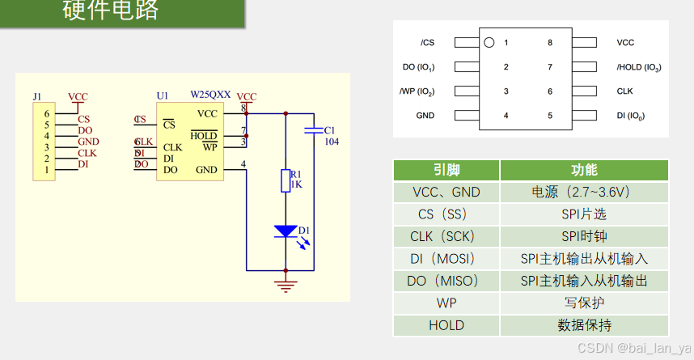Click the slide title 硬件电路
click(x=111, y=11)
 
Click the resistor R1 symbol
click(x=286, y=180)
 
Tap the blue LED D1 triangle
click(x=286, y=231)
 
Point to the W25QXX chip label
click(x=209, y=95)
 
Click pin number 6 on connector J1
click(x=47, y=114)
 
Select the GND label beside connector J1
click(x=88, y=142)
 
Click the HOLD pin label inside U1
click(x=204, y=135)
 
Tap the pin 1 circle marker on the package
click(x=488, y=42)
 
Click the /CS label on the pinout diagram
click(x=427, y=43)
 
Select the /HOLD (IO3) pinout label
click(x=638, y=67)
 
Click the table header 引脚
click(x=446, y=170)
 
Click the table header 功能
click(x=584, y=170)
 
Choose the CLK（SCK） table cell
click(x=446, y=237)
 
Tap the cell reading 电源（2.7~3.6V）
click(x=584, y=193)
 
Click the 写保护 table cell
click(x=584, y=303)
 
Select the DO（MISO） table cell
click(x=446, y=281)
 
